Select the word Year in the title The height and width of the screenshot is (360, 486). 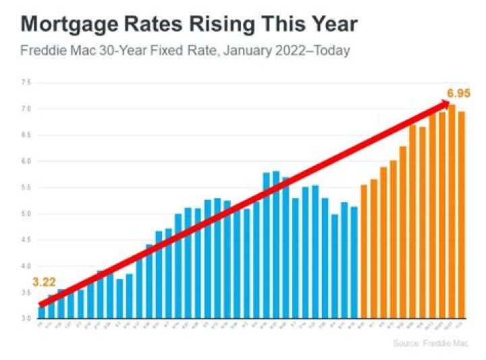[x=330, y=26]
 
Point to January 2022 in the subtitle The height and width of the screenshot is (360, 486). [x=261, y=51]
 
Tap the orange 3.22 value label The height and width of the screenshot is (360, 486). [x=43, y=283]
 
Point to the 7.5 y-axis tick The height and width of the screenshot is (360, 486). [x=26, y=82]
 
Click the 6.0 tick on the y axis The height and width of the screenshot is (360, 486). [x=26, y=161]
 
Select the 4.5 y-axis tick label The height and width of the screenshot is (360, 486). [x=26, y=240]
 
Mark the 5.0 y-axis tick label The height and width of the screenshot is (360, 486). [x=26, y=214]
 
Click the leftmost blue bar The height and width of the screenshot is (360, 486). [x=41, y=312]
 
